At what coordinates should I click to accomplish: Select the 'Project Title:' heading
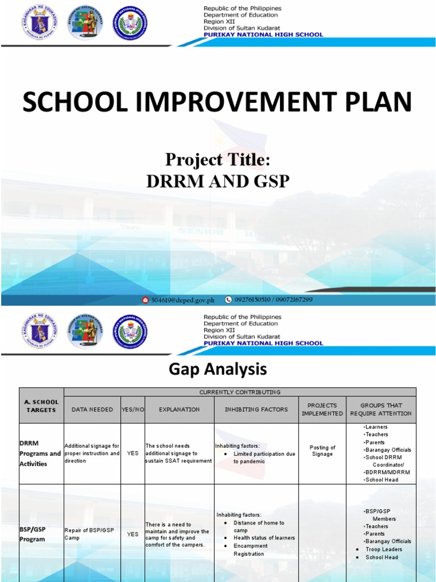[x=217, y=160]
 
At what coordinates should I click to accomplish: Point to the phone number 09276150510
[x=251, y=300]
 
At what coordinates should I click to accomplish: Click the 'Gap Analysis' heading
[x=217, y=369]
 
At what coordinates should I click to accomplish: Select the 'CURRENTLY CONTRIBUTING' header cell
[x=240, y=392]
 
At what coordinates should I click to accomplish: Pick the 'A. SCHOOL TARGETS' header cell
[x=41, y=406]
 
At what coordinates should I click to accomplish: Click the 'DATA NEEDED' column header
[x=92, y=409]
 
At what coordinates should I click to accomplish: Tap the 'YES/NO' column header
[x=133, y=409]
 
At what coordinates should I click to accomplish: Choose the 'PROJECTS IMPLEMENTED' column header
[x=322, y=409]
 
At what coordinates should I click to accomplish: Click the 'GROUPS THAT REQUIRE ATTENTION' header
[x=380, y=409]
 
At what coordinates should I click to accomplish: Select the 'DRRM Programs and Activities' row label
[x=40, y=454]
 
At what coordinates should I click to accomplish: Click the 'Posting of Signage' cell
[x=322, y=451]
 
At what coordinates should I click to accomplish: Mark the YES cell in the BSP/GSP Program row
[x=133, y=534]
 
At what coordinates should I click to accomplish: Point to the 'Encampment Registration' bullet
[x=250, y=550]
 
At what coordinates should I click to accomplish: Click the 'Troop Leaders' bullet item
[x=383, y=549]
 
